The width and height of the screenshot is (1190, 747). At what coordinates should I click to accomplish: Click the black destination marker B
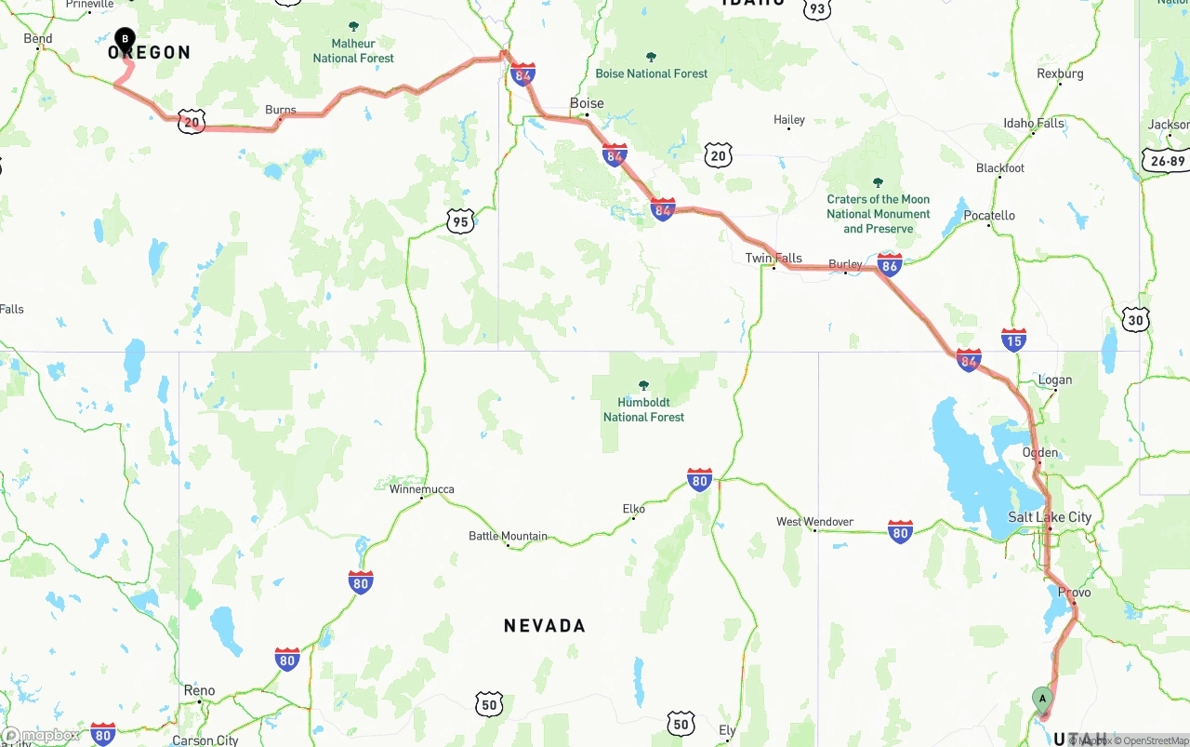[125, 39]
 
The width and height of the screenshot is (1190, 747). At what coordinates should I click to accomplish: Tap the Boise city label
[587, 103]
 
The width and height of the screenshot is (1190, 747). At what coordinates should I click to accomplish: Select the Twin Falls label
[773, 258]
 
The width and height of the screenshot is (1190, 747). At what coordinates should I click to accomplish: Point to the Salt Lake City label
[1050, 517]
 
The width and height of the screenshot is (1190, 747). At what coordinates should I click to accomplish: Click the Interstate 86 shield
[889, 265]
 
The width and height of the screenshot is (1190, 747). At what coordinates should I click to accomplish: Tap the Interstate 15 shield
[1013, 340]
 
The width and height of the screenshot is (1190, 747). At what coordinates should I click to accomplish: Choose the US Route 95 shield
[460, 220]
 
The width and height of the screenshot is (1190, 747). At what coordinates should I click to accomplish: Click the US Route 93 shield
[816, 8]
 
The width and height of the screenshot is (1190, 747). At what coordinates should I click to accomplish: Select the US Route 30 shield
[1135, 319]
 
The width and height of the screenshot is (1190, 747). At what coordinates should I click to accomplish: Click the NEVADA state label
[545, 626]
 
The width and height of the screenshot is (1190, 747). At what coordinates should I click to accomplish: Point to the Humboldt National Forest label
[643, 409]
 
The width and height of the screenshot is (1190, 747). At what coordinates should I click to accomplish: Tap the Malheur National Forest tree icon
[353, 26]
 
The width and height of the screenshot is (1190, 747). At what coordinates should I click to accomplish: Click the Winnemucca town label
[422, 489]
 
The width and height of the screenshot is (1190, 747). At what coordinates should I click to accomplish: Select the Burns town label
[280, 110]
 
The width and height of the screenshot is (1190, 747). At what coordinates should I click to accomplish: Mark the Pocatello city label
[989, 215]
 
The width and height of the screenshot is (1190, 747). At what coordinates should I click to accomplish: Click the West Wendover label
[814, 522]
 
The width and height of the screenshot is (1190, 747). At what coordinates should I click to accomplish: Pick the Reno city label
[199, 690]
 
